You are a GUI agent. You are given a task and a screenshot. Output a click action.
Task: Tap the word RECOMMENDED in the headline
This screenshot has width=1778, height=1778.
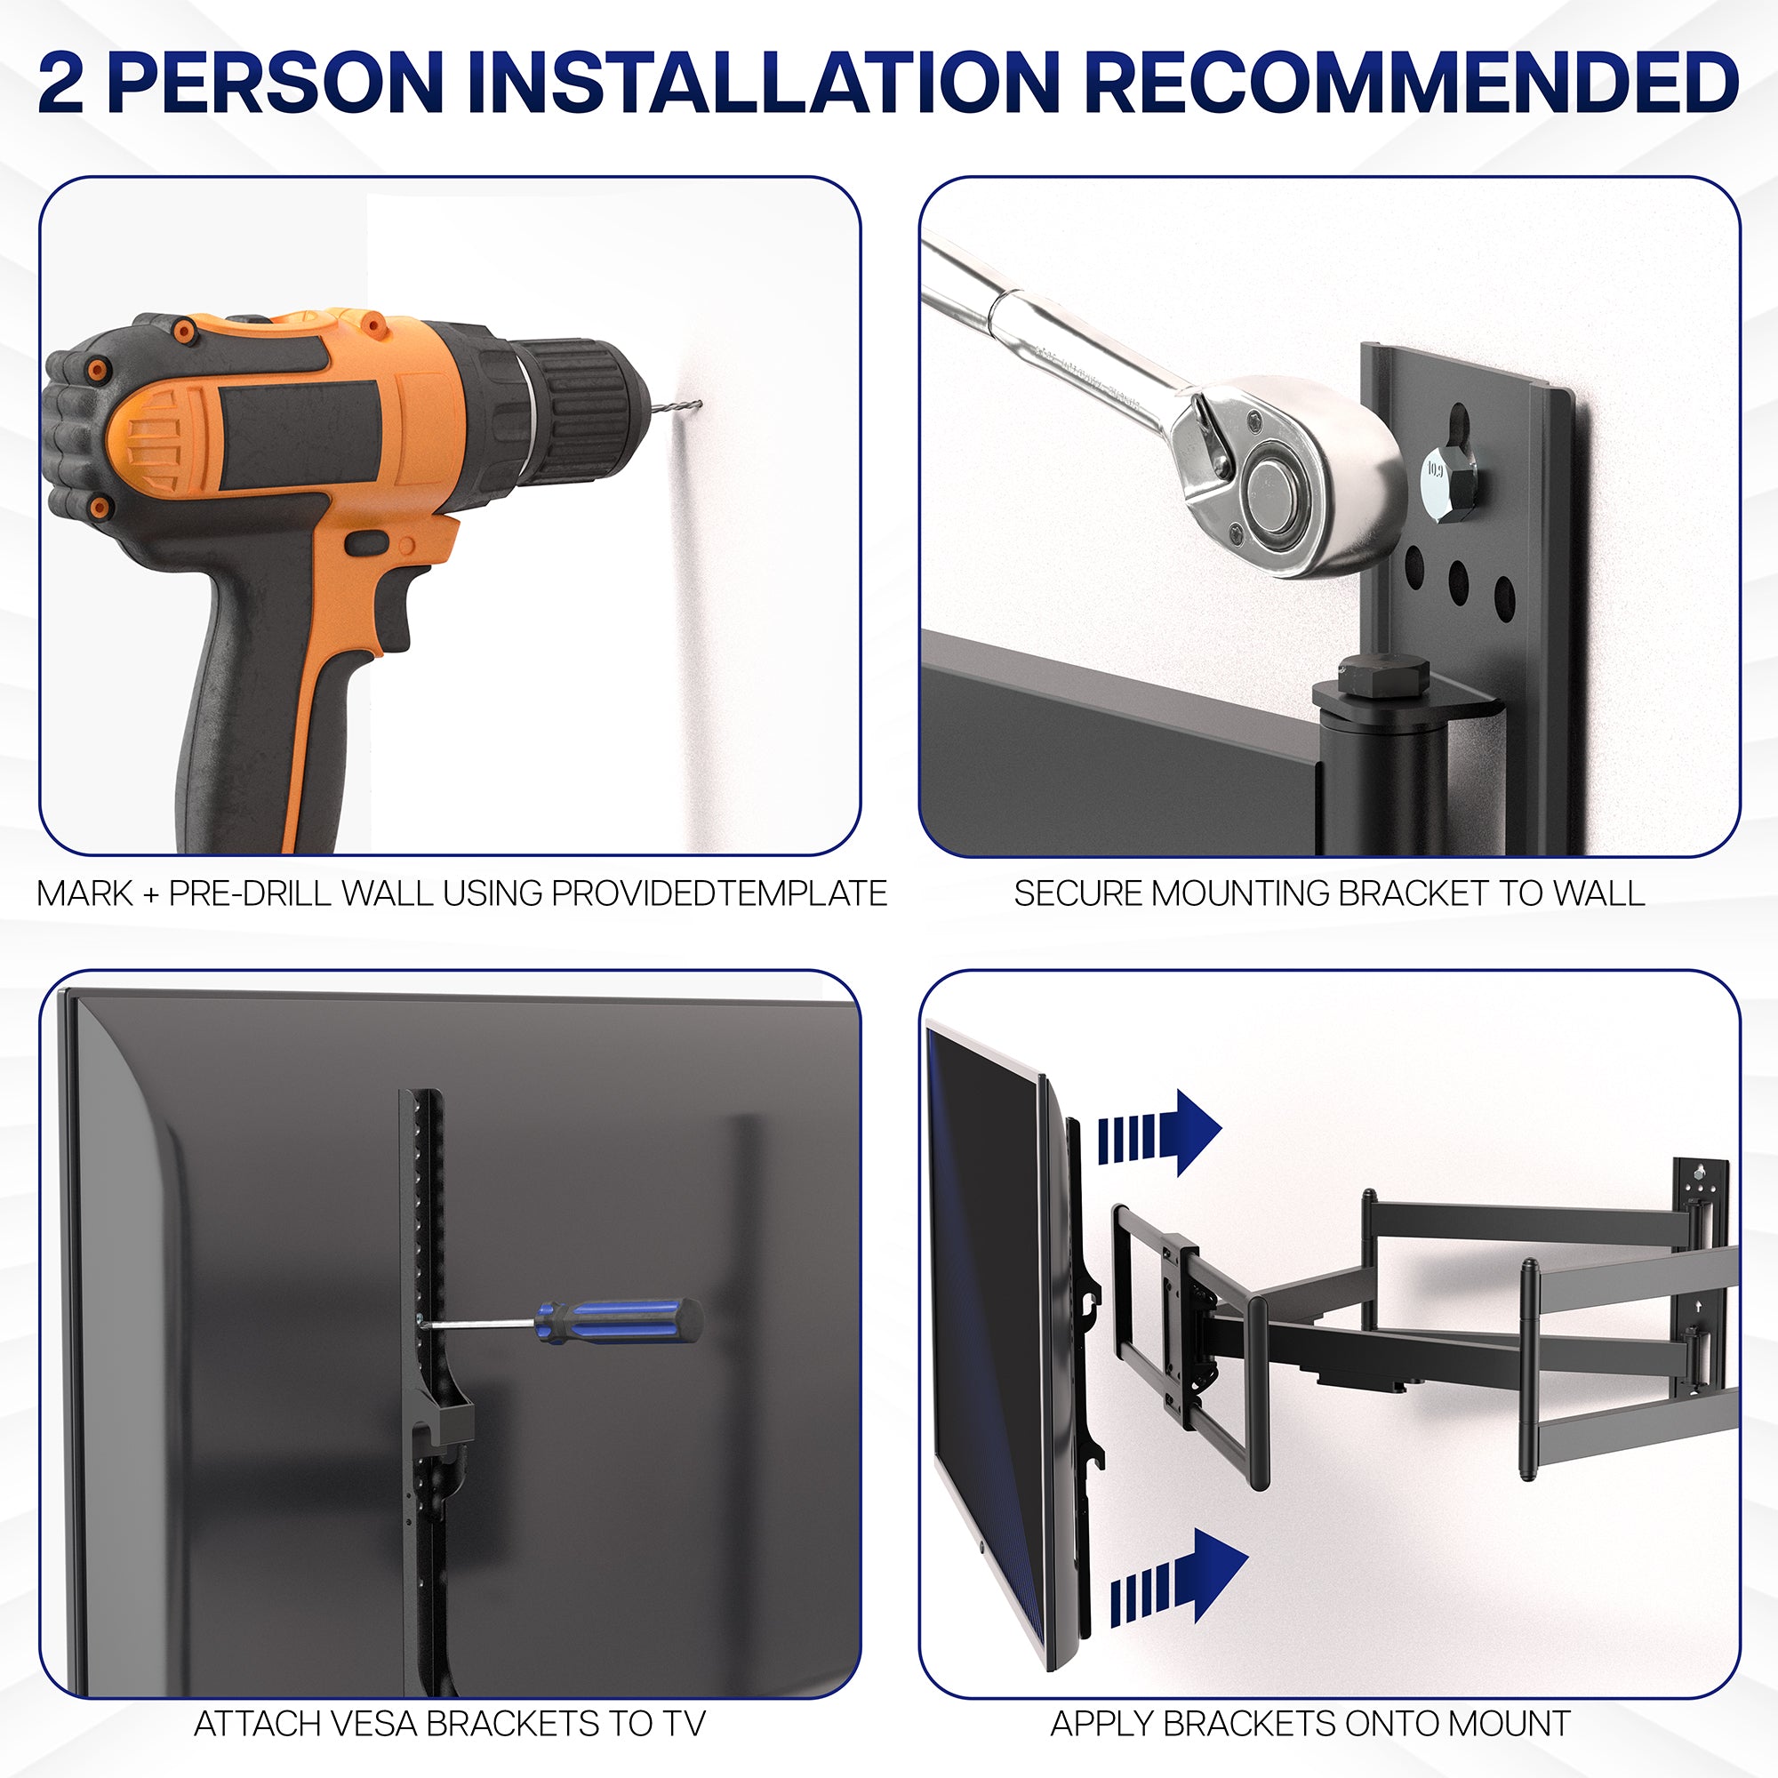1411,83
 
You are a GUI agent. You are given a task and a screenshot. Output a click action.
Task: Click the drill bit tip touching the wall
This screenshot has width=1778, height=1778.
697,403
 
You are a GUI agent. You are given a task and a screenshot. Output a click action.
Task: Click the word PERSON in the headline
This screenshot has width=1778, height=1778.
276,83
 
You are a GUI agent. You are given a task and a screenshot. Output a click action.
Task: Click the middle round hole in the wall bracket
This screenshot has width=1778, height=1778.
1459,578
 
